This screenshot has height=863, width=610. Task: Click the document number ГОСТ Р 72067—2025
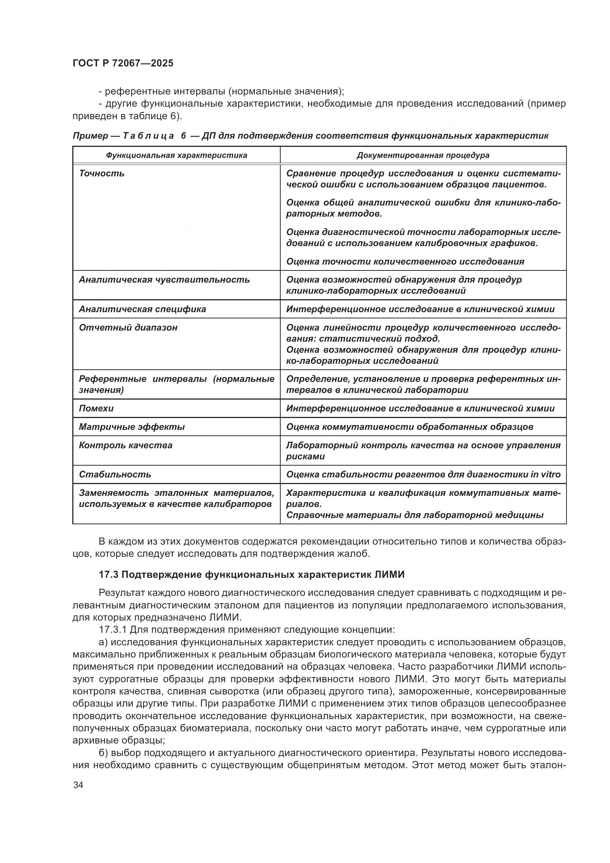pos(123,63)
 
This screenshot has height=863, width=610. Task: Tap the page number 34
pos(78,785)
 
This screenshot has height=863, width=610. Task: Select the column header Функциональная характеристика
pos(176,155)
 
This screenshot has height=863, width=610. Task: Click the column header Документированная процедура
pos(423,155)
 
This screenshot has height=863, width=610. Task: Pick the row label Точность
pos(101,174)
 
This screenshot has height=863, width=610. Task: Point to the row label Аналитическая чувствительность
pos(164,280)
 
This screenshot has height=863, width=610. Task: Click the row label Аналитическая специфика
pos(142,309)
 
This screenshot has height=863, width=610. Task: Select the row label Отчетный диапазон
pos(128,328)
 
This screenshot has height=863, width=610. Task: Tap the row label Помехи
pos(96,408)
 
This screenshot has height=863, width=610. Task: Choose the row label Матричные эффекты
pos(132,427)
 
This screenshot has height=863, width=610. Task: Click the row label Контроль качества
pos(125,445)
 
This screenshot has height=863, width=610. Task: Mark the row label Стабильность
pos(115,475)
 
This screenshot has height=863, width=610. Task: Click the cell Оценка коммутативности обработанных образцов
pos(409,427)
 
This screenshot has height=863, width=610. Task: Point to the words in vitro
pos(545,475)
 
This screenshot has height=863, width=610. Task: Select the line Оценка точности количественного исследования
pos(405,262)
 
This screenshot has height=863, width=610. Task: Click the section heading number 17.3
pos(108,575)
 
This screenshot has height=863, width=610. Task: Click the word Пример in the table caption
pos(90,136)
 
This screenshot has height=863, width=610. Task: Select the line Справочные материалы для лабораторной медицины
pos(415,515)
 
